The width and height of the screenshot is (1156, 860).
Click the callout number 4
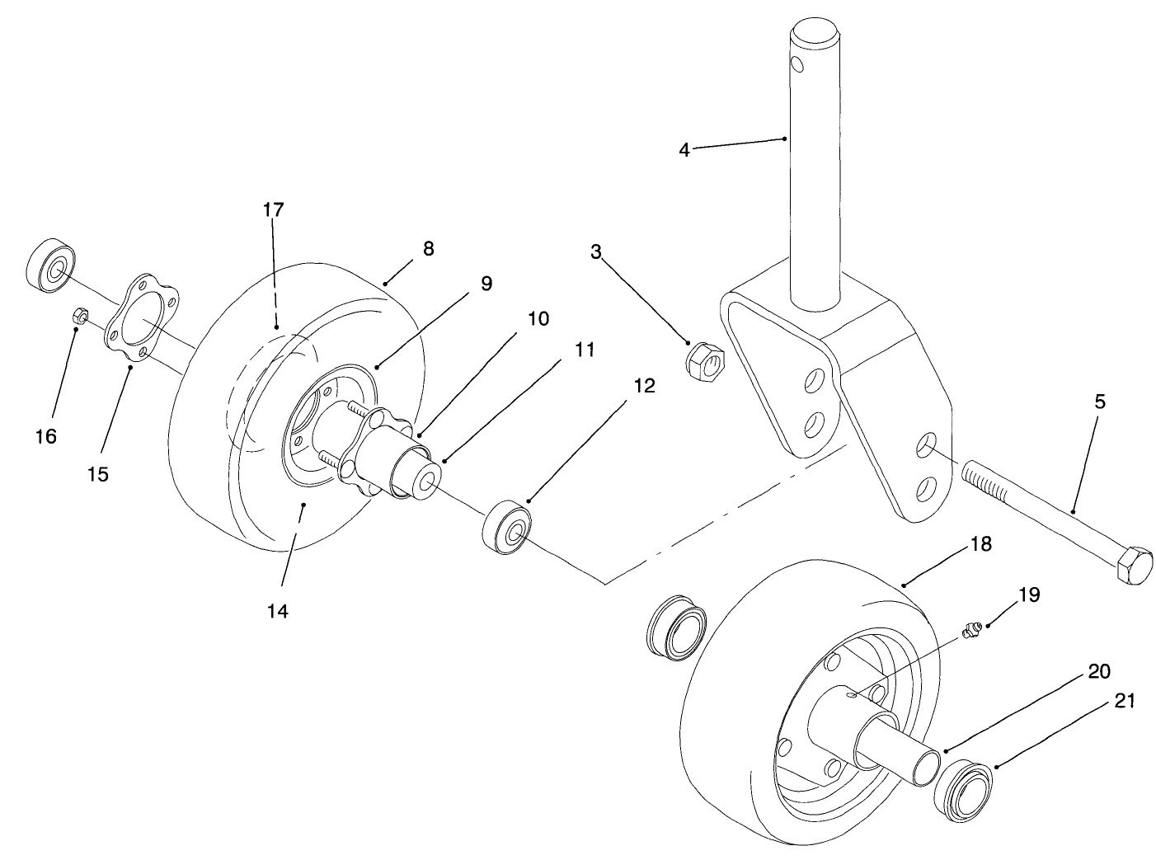(x=684, y=150)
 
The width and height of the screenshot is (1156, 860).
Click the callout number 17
(x=273, y=210)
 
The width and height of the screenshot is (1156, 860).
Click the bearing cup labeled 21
(x=963, y=792)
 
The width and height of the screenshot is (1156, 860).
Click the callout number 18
(x=981, y=545)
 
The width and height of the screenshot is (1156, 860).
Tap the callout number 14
(x=278, y=612)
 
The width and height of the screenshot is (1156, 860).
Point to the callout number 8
(x=428, y=248)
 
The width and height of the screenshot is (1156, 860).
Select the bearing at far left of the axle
(x=51, y=266)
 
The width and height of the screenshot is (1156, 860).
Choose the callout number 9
(x=486, y=284)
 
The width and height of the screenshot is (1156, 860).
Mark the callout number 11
(x=584, y=350)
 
